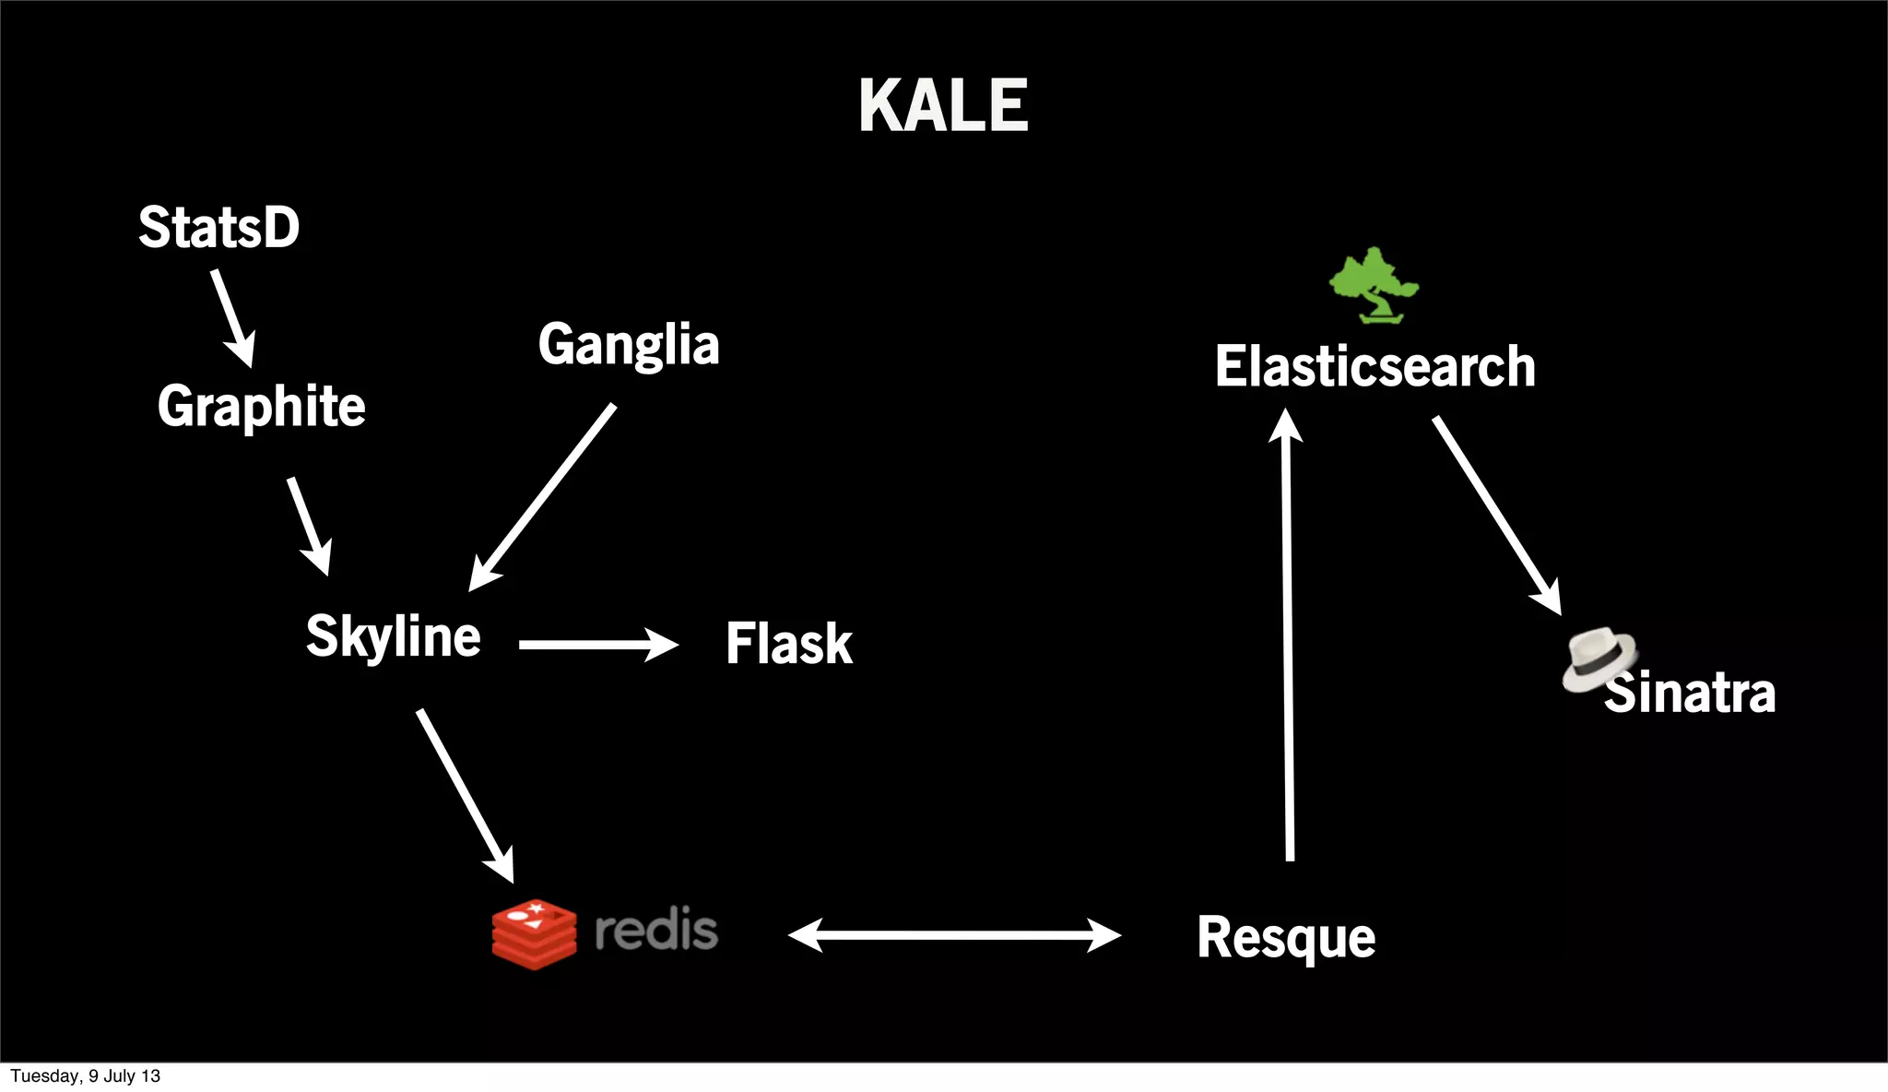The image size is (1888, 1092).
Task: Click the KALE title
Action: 943,105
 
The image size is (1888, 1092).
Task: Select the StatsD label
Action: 219,227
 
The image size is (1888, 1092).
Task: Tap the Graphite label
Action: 261,406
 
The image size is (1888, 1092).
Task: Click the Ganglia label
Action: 629,345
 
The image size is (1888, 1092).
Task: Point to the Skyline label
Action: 393,636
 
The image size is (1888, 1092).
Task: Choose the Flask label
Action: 789,643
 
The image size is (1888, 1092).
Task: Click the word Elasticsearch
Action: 1375,366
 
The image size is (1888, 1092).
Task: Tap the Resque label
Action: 1286,937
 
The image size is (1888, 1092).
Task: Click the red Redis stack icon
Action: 534,933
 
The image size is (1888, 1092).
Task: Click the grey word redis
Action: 656,930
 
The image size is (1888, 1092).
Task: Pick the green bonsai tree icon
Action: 1374,285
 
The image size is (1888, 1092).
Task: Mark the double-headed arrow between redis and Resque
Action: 954,935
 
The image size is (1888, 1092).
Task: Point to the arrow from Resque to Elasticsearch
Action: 1288,636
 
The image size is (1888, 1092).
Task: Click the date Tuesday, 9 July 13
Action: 85,1076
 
